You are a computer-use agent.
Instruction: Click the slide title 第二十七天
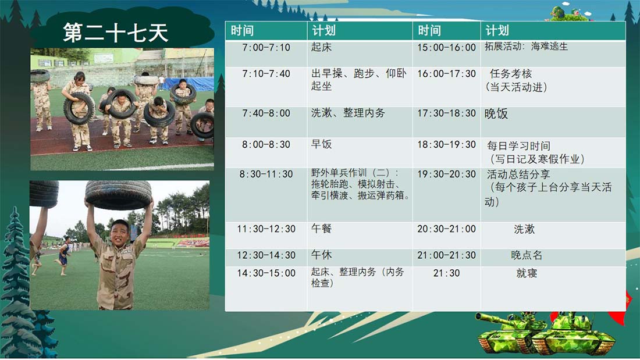(116, 33)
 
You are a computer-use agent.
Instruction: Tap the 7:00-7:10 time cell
(266, 54)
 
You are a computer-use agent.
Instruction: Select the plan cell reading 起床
(360, 54)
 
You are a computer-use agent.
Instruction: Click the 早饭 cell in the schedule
(360, 152)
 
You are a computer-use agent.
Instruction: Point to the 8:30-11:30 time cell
(266, 195)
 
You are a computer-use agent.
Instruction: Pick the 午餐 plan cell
(360, 235)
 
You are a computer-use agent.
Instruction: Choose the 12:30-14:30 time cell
(266, 258)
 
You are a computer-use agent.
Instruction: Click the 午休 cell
(360, 258)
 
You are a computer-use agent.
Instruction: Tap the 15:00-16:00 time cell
(446, 54)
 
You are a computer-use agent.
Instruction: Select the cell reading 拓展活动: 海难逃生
(553, 54)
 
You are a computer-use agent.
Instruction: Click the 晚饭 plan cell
(553, 122)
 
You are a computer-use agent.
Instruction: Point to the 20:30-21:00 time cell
(446, 235)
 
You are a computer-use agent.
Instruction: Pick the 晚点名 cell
(553, 258)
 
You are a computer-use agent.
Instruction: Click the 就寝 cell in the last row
(553, 288)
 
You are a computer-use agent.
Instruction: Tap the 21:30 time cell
(446, 288)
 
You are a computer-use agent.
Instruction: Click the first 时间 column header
(266, 31)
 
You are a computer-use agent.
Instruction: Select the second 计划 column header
(553, 31)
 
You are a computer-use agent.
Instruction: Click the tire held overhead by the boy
(118, 195)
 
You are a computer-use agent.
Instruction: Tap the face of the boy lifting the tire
(120, 232)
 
